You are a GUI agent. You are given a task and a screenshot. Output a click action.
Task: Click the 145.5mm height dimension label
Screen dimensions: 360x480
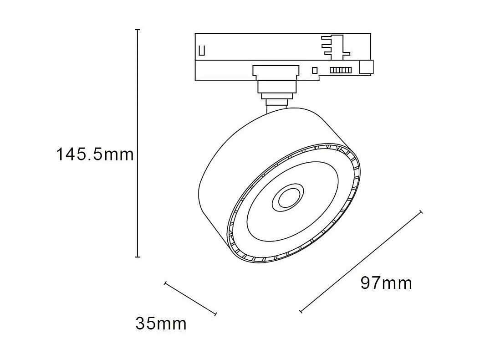pyautogui.click(x=95, y=154)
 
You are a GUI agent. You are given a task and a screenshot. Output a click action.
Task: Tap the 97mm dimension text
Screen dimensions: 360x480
pyautogui.click(x=386, y=283)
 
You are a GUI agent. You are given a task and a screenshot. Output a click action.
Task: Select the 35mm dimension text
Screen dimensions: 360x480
pyautogui.click(x=161, y=324)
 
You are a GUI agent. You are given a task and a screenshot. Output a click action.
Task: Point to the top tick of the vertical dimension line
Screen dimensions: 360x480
pyautogui.click(x=138, y=30)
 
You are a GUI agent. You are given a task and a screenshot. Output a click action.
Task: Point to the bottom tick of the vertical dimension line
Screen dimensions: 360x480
pyautogui.click(x=138, y=257)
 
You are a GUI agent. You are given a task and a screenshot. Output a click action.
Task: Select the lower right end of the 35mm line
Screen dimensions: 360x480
pyautogui.click(x=215, y=314)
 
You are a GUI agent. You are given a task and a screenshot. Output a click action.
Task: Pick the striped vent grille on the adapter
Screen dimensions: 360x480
pyautogui.click(x=341, y=70)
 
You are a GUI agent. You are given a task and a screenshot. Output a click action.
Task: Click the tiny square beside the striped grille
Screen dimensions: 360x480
pyautogui.click(x=314, y=70)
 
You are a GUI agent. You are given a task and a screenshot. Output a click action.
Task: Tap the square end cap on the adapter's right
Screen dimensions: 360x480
pyautogui.click(x=366, y=67)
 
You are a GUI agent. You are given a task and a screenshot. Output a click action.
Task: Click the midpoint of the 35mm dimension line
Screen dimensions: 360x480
pyautogui.click(x=190, y=298)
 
